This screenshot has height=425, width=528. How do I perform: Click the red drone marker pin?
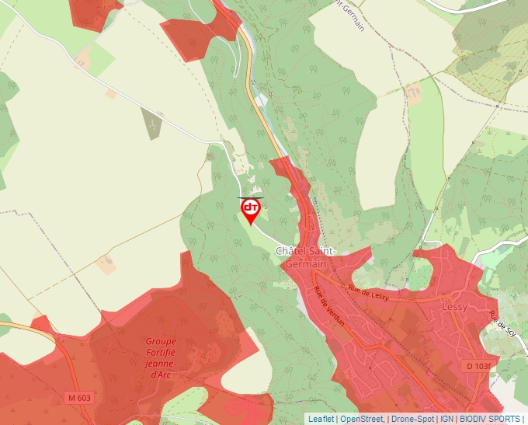pyautogui.click(x=251, y=210)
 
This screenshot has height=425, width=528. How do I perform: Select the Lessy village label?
pyautogui.click(x=454, y=306)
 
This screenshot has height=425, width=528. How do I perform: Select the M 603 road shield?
pyautogui.click(x=79, y=398)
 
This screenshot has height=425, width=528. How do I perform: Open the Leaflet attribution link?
pyautogui.click(x=321, y=419)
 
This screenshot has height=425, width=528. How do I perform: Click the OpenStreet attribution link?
pyautogui.click(x=361, y=419)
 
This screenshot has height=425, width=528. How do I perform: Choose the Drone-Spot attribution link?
pyautogui.click(x=412, y=419)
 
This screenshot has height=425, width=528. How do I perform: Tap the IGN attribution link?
pyautogui.click(x=446, y=419)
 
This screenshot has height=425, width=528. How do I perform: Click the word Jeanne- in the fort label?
pyautogui.click(x=161, y=363)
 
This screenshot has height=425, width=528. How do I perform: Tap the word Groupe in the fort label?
pyautogui.click(x=161, y=341)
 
